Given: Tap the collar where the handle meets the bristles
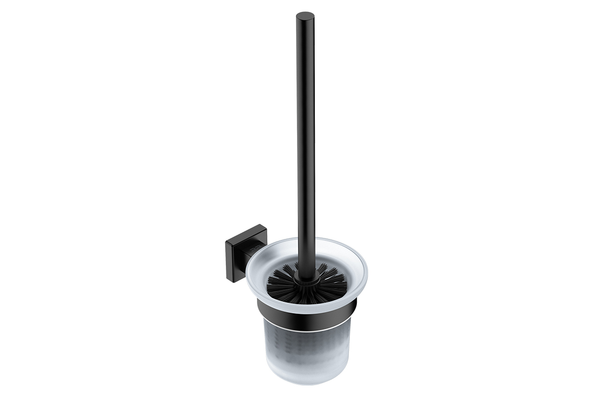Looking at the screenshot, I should click(305, 282).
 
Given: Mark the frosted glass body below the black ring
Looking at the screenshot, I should click(306, 346).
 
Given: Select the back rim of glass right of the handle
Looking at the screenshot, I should click(336, 243).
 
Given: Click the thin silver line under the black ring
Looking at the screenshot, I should click(306, 327).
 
